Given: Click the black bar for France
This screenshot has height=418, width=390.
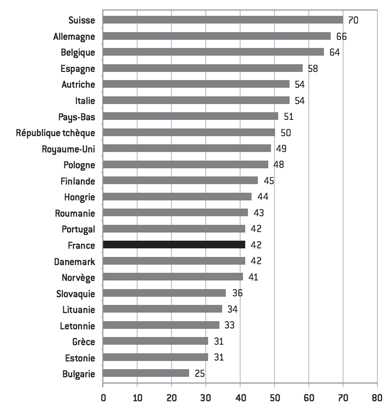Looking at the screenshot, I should pyautogui.click(x=174, y=245).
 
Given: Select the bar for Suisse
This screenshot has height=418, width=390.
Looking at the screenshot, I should pyautogui.click(x=223, y=20).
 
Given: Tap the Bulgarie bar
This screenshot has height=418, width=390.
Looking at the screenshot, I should pyautogui.click(x=146, y=373).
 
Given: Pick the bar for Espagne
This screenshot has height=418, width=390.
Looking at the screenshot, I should pyautogui.click(x=203, y=68).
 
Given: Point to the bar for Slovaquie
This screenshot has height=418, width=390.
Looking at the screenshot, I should pyautogui.click(x=164, y=293).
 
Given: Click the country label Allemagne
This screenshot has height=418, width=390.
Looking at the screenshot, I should pyautogui.click(x=74, y=36).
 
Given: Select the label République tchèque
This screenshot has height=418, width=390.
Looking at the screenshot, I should pyautogui.click(x=56, y=133).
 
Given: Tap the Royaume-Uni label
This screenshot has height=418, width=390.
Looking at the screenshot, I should pyautogui.click(x=68, y=149).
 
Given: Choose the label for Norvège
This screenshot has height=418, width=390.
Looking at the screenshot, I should pyautogui.click(x=78, y=277).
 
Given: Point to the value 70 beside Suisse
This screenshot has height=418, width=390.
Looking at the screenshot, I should pyautogui.click(x=353, y=20).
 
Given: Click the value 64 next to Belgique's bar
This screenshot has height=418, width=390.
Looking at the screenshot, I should pyautogui.click(x=334, y=52).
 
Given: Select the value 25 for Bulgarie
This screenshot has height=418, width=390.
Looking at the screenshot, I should pyautogui.click(x=200, y=374).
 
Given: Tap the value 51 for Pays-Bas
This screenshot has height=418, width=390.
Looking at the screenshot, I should pyautogui.click(x=289, y=117).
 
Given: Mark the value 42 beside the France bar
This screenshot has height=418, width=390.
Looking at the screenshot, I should pyautogui.click(x=256, y=245).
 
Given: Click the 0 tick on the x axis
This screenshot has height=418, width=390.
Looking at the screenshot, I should pyautogui.click(x=103, y=398).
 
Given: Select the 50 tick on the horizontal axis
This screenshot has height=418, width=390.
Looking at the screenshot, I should pyautogui.click(x=275, y=398).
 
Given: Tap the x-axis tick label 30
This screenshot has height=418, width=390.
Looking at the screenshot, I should pyautogui.click(x=206, y=398).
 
